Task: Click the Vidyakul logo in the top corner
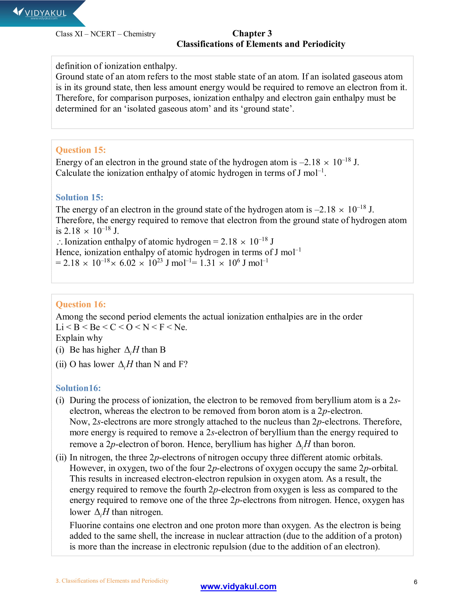point(40,13)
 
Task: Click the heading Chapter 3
point(252,33)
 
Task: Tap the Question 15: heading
point(81,150)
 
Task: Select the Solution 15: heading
point(79,197)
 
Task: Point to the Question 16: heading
point(81,304)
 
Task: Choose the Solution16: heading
point(78,388)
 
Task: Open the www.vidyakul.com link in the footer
point(238,586)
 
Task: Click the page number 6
point(415,582)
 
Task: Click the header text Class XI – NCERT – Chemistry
point(105,34)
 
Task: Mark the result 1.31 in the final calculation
point(207,263)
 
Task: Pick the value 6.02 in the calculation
point(127,263)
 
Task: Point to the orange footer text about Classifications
point(112,581)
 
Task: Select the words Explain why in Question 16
point(79,338)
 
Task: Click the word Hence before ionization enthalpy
point(68,253)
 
